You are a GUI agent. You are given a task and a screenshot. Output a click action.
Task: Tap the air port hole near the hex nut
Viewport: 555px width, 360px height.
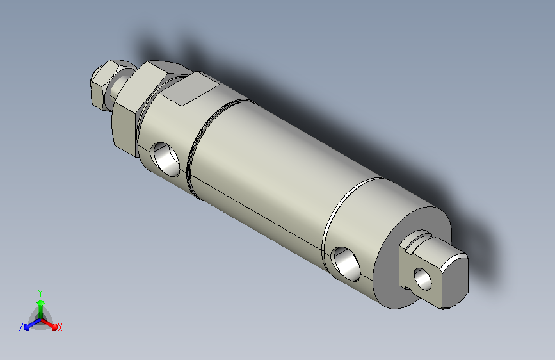pyautogui.click(x=166, y=159)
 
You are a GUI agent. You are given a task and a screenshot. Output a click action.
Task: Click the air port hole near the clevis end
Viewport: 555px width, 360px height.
pyautogui.click(x=346, y=264)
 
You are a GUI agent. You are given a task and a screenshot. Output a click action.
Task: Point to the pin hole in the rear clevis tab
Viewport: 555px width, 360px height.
pyautogui.click(x=423, y=279)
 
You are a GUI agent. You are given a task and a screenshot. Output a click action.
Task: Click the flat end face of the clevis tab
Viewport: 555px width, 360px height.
pyautogui.click(x=454, y=282)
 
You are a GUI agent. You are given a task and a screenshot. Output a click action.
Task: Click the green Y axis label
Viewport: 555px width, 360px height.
pyautogui.click(x=40, y=293)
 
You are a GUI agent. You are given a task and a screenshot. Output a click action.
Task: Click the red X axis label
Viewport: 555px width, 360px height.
pyautogui.click(x=60, y=328)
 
